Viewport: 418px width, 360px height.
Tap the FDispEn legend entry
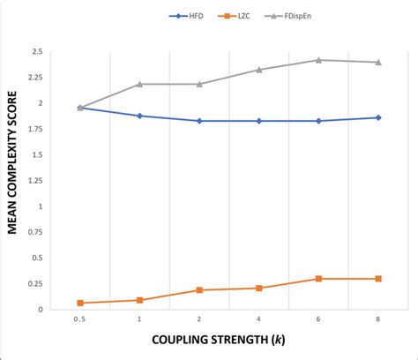coord(286,16)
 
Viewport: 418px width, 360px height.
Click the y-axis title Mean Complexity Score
coord(15,181)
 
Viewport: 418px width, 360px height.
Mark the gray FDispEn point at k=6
coord(318,60)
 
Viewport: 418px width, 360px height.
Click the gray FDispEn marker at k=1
coord(139,84)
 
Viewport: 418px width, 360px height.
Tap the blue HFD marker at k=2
coord(199,121)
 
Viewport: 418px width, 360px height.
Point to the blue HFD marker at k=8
coord(378,117)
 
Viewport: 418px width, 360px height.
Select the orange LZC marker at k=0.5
coord(80,303)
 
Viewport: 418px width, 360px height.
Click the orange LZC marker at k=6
coord(318,279)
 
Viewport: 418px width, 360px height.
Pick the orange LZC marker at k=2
coord(199,289)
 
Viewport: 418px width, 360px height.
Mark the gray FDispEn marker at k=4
coord(258,70)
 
